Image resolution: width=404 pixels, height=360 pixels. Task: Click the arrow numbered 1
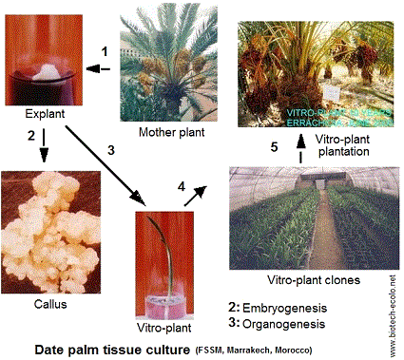pyautogui.click(x=99, y=67)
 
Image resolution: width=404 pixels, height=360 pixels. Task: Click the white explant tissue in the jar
pyautogui.click(x=43, y=74)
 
